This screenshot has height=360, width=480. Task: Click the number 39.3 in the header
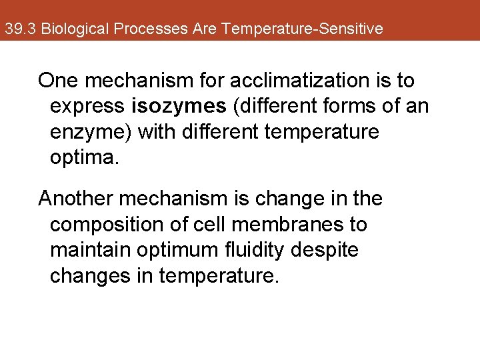[x=21, y=29]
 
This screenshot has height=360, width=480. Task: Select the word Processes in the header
[x=146, y=29]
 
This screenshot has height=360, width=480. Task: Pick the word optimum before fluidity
[x=179, y=249]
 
